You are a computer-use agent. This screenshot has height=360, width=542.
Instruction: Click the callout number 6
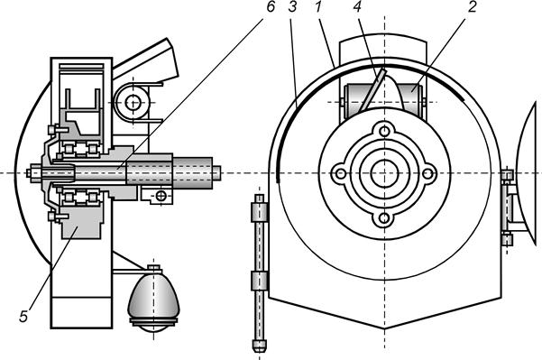coord(271,7)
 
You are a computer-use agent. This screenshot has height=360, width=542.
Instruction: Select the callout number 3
coord(292,7)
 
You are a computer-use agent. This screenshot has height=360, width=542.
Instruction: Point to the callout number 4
coord(358,7)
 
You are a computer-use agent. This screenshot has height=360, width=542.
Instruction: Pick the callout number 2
coord(473,7)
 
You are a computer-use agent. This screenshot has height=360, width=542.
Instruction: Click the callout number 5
coord(23,316)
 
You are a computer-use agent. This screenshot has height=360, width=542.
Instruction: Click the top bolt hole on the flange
coord(384,131)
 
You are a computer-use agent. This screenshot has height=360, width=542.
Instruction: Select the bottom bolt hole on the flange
coord(384,218)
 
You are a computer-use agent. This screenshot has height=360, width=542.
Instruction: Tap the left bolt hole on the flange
coord(341,173)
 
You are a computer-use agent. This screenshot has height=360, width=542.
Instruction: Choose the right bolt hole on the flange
coord(428,173)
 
